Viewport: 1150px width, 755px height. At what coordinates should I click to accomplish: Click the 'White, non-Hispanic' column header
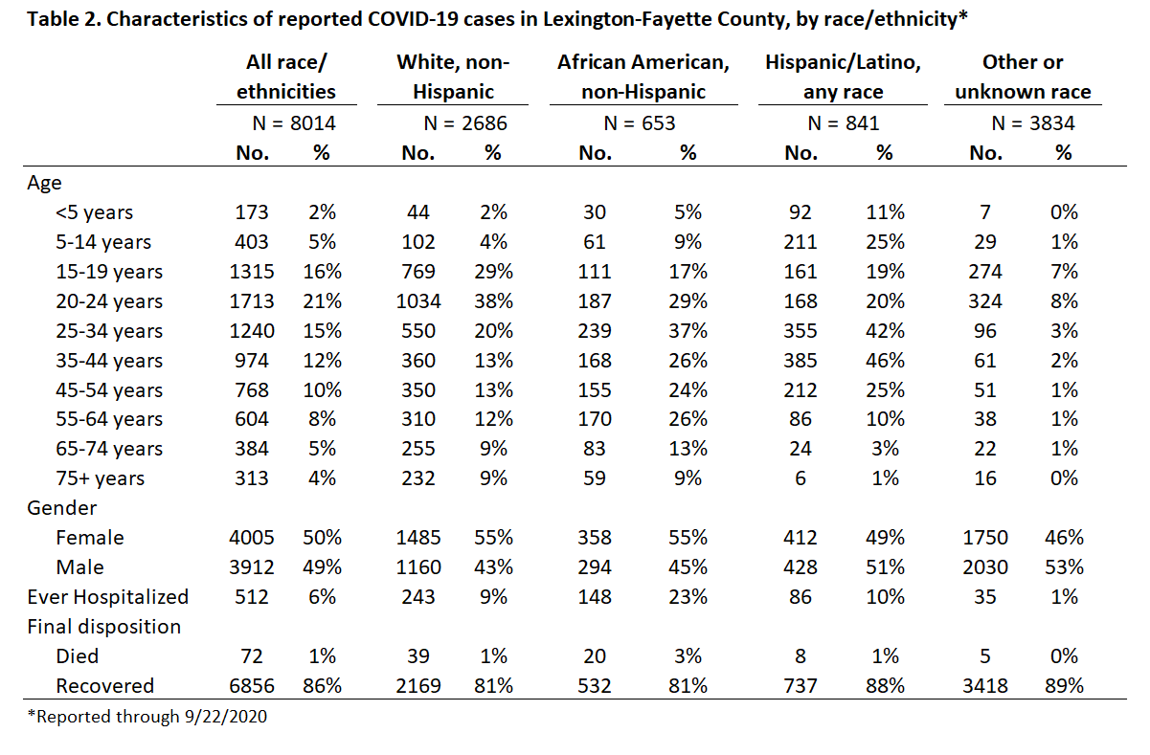(453, 77)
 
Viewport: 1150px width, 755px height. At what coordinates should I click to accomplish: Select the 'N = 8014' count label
(294, 123)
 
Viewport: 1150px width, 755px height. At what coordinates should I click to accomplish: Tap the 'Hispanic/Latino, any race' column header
(843, 77)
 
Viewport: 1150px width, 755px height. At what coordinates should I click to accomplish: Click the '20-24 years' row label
(109, 301)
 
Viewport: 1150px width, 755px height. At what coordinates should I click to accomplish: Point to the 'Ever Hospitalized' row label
(108, 597)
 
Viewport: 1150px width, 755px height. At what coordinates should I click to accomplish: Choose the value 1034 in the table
(418, 301)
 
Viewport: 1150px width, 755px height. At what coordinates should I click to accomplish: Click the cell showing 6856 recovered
(252, 686)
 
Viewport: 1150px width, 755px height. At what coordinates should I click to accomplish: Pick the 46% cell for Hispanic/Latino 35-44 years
(885, 361)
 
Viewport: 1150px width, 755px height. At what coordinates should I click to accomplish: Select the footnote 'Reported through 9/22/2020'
(147, 717)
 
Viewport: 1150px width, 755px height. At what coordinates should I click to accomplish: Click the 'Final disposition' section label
(103, 627)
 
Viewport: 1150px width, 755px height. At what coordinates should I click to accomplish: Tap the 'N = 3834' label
(1033, 123)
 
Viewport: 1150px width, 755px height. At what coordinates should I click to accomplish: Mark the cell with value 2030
(985, 567)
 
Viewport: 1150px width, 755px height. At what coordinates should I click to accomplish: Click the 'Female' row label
(90, 538)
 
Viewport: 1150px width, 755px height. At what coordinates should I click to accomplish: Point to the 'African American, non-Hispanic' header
(643, 77)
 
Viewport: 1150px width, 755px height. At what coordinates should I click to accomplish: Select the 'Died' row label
(77, 656)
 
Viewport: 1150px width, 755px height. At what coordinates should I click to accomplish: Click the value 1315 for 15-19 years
(252, 272)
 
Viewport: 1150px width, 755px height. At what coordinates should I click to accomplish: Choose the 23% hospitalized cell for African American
(688, 597)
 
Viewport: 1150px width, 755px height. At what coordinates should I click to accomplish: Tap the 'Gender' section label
(61, 508)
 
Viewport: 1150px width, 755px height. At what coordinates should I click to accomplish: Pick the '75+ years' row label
(101, 478)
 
